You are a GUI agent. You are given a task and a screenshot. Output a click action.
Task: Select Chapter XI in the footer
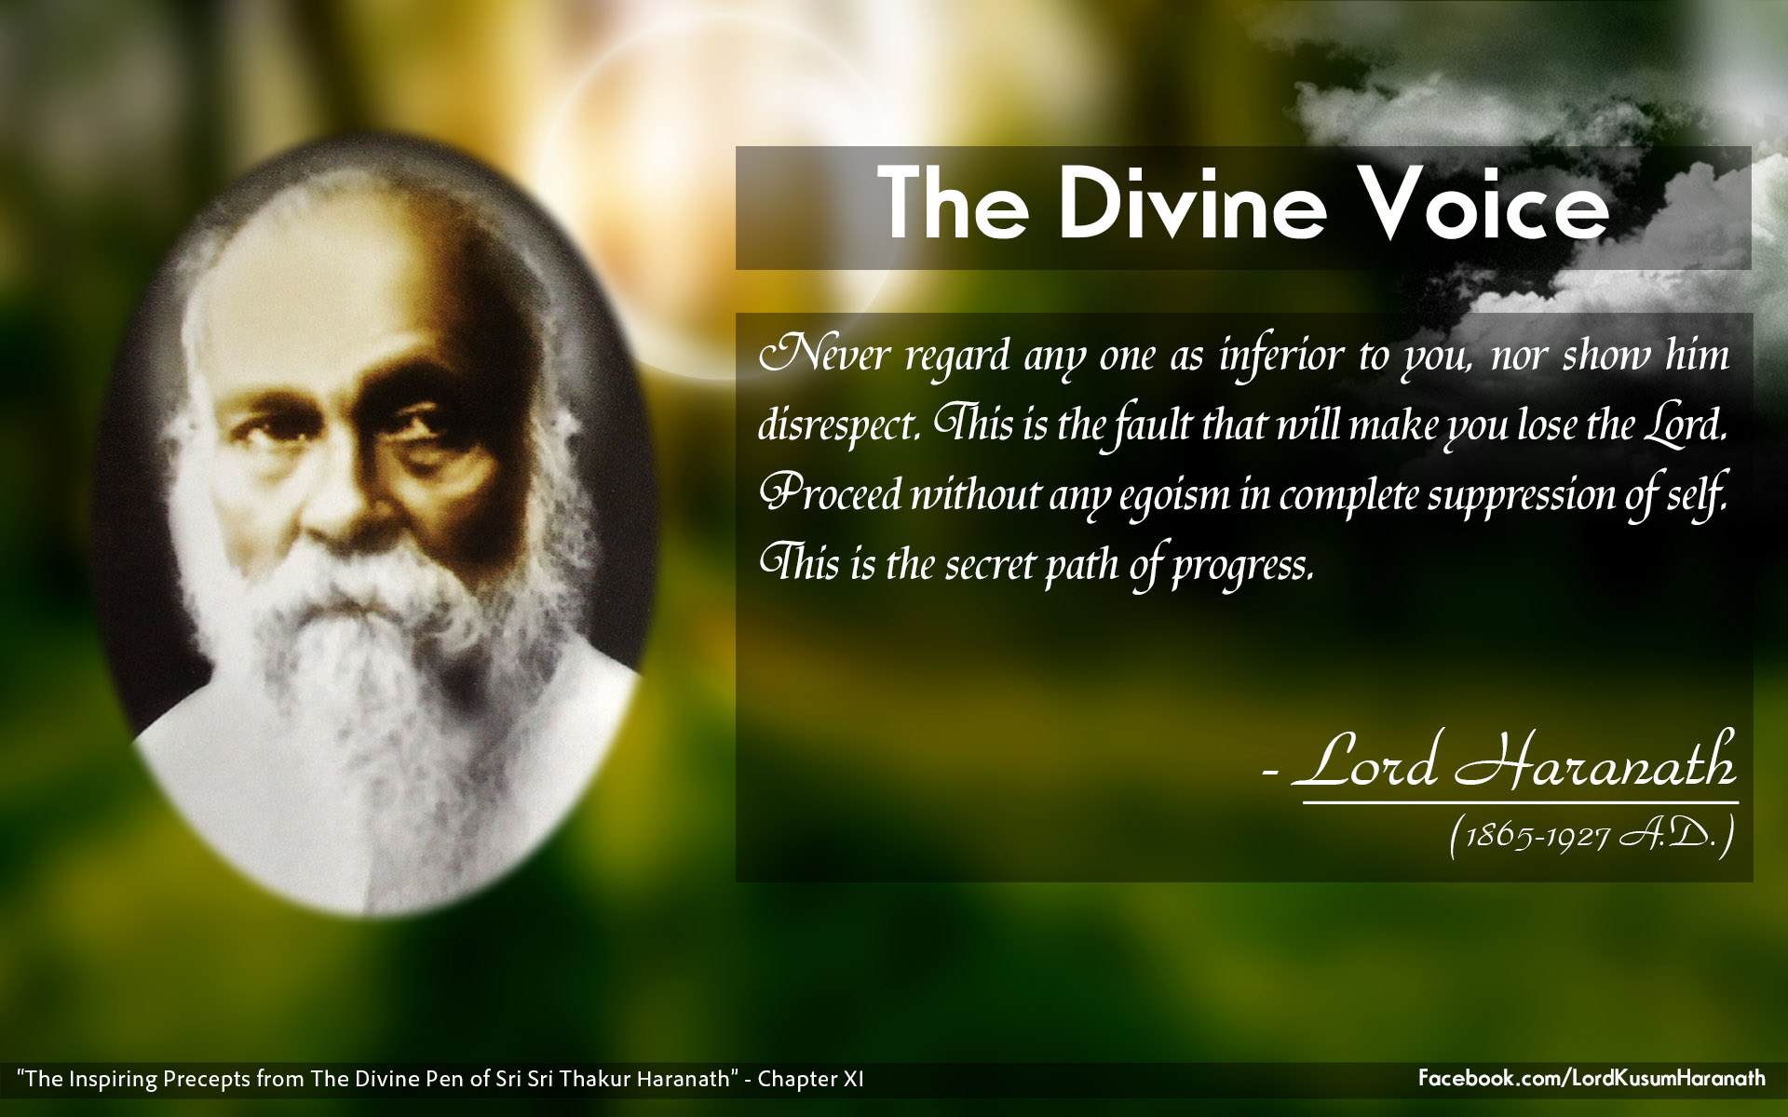(x=810, y=1079)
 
